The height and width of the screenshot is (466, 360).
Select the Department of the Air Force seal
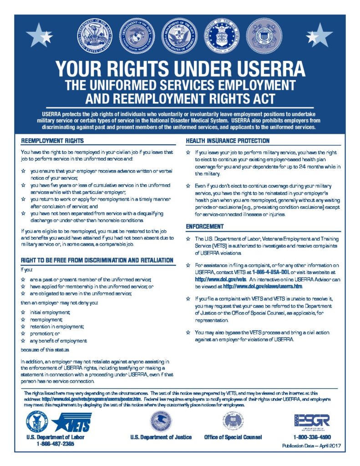click(x=223, y=35)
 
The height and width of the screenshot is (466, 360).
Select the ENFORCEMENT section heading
click(x=205, y=226)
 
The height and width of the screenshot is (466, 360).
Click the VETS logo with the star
click(x=72, y=422)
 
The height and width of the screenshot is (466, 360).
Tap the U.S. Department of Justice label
click(x=161, y=437)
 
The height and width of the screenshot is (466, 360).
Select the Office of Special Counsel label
click(x=233, y=437)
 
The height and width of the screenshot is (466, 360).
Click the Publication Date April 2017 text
click(x=311, y=446)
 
